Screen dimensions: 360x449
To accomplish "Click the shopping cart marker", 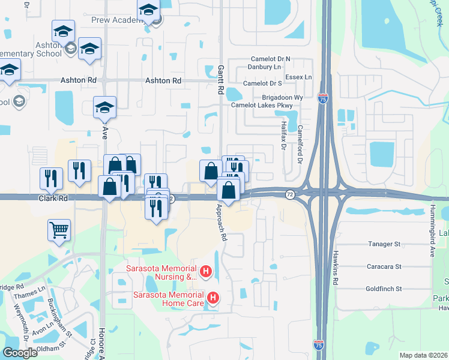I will [x=59, y=229].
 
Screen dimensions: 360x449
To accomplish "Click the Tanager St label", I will [x=383, y=244].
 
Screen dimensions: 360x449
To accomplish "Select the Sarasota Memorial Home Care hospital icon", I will [x=212, y=297].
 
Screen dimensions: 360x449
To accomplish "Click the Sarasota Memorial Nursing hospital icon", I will [x=205, y=272].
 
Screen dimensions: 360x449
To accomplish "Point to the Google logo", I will [x=20, y=353].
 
